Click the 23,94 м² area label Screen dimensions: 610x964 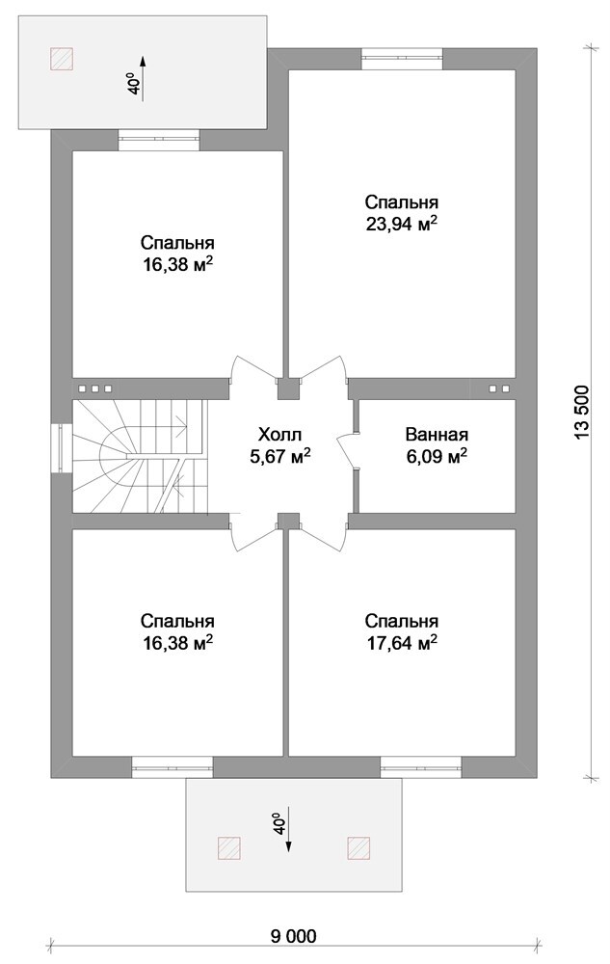(402, 224)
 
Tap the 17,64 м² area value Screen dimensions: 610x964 (402, 643)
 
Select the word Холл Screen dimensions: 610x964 (279, 436)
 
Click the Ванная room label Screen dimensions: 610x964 (437, 435)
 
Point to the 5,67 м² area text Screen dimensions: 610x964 (279, 456)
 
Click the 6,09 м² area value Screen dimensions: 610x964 (437, 456)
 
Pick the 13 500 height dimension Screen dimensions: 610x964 (582, 412)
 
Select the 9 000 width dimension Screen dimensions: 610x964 (294, 936)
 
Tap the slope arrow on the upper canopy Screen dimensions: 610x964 (143, 79)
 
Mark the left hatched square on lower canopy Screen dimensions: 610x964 (228, 846)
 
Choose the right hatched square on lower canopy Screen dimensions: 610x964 (358, 846)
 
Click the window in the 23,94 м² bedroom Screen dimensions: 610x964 (402, 60)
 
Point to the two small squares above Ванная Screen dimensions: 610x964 (499, 388)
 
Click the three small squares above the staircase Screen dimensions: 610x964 (94, 388)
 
